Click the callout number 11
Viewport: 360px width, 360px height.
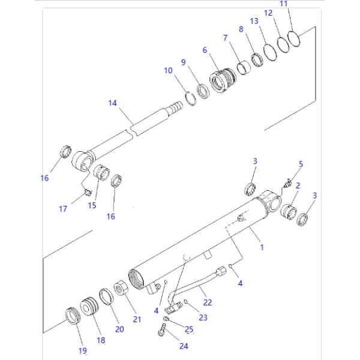pyautogui.click(x=284, y=4)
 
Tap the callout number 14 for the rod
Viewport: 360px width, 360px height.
pyautogui.click(x=112, y=103)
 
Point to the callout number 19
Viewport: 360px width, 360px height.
pyautogui.click(x=83, y=350)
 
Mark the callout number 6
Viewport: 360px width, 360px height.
pyautogui.click(x=205, y=50)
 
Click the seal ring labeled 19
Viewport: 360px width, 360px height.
pyautogui.click(x=73, y=315)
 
